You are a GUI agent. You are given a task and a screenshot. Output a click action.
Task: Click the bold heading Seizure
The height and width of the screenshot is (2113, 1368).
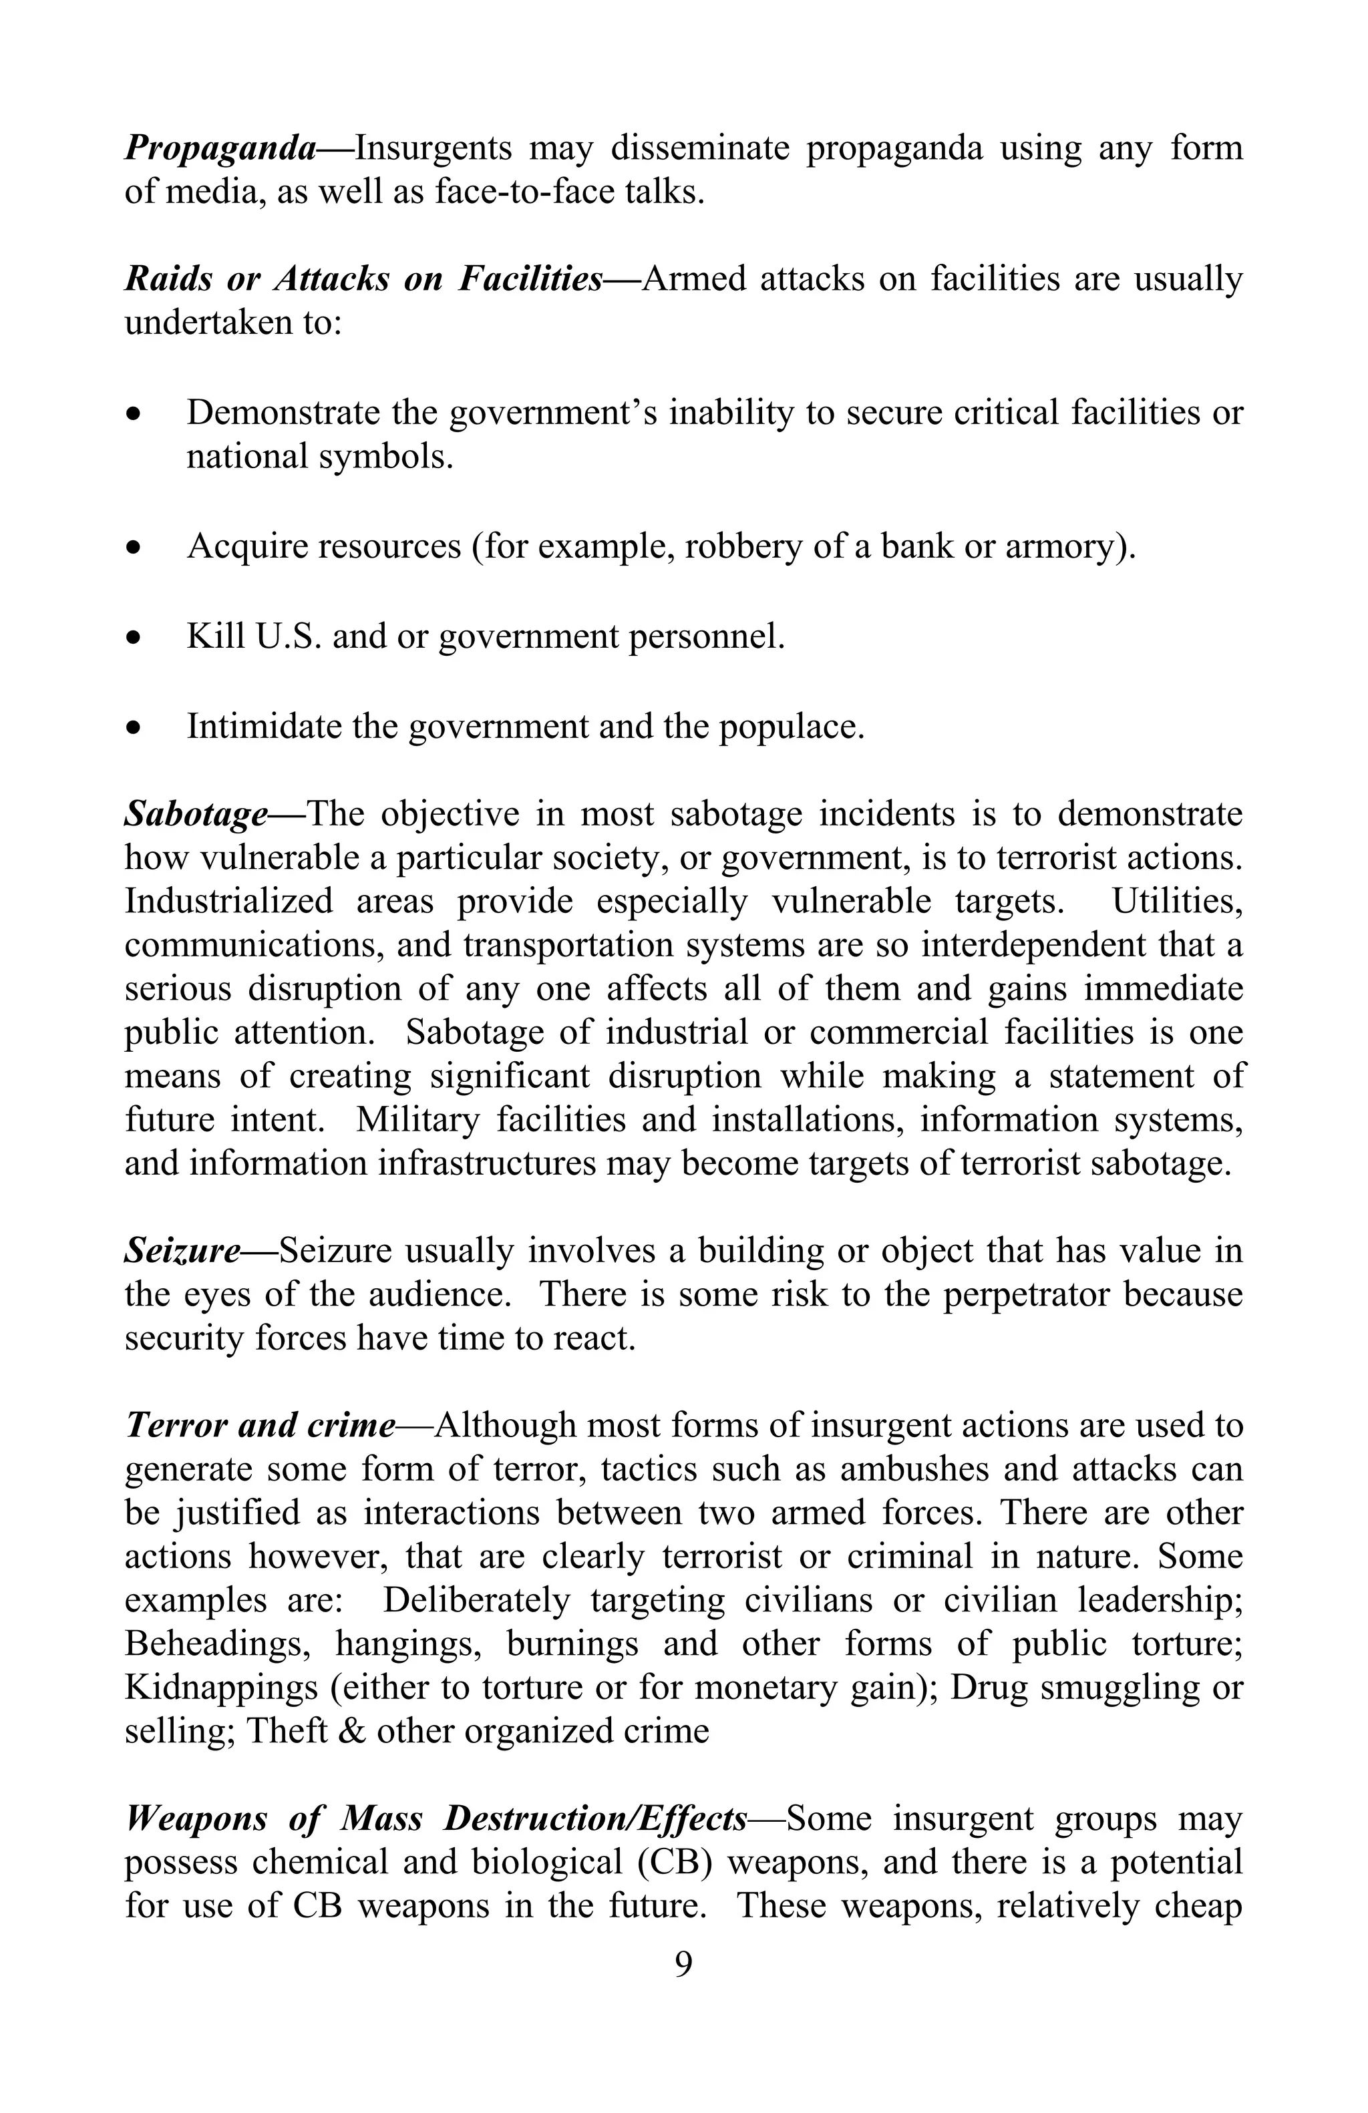point(182,1250)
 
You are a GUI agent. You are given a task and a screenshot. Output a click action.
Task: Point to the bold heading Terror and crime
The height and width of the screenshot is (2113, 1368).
point(260,1425)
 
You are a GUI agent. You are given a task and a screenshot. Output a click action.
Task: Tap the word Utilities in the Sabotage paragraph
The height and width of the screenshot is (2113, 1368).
point(1176,900)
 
